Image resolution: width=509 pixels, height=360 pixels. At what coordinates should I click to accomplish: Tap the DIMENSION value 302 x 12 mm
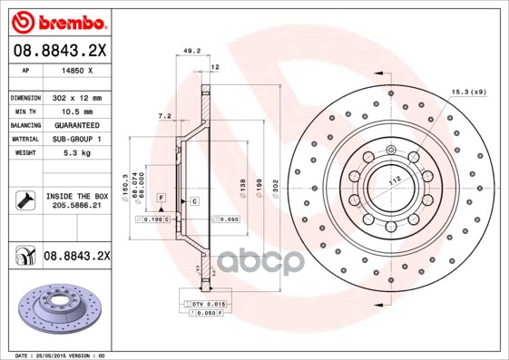[x=76, y=97]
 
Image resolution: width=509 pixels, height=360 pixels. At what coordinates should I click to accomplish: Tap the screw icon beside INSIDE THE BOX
[x=24, y=200]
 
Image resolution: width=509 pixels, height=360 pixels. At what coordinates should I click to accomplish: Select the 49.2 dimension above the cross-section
[x=191, y=52]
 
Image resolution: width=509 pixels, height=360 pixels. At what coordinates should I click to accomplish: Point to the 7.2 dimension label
[x=164, y=117]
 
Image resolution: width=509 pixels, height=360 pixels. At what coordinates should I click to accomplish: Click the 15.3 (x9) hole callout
[x=470, y=91]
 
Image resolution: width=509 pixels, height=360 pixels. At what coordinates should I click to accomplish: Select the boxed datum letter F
[x=160, y=197]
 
